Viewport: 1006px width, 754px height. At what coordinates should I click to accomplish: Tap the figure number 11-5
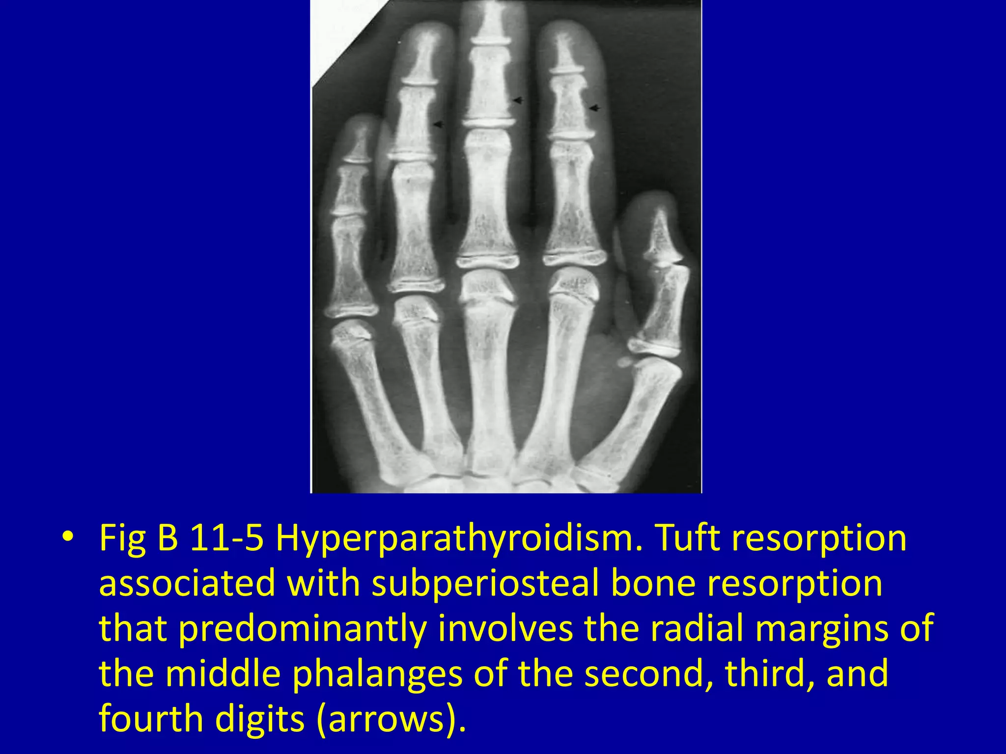(226, 538)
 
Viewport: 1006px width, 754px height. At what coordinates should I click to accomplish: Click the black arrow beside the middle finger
(518, 101)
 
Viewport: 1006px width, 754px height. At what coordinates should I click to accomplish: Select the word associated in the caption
(187, 584)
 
